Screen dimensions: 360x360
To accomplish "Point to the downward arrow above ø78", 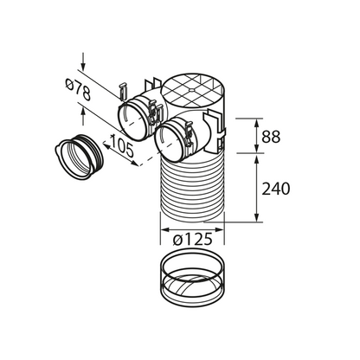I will [82, 61].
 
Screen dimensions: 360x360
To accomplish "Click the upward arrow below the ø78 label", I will [82, 109].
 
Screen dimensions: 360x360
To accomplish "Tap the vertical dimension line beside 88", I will [255, 136].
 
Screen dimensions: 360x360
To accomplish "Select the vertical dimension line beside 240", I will [255, 190].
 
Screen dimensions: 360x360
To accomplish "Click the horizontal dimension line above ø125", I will [192, 226].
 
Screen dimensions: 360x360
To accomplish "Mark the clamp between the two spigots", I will [155, 111].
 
